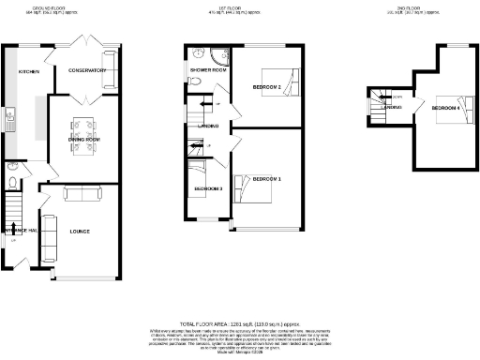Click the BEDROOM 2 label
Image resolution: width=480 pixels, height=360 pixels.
(x=267, y=88)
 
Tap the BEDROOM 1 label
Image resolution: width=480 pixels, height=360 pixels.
(x=266, y=178)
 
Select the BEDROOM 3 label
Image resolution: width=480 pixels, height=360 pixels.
(x=208, y=188)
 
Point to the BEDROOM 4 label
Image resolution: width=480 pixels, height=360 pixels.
(x=446, y=108)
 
